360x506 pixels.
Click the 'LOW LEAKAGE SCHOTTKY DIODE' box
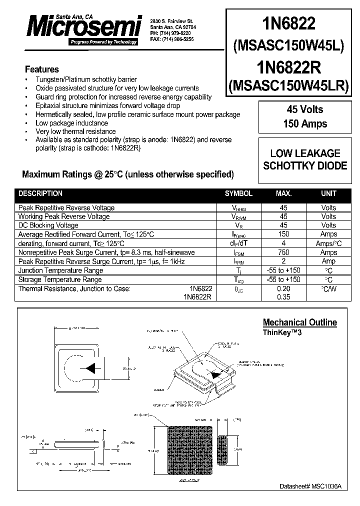[x=305, y=159]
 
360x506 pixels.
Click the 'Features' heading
[x=42, y=69]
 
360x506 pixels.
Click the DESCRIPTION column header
[x=40, y=193]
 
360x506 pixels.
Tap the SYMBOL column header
[x=238, y=193]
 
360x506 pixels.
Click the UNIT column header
[x=328, y=193]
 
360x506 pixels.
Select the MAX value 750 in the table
[x=283, y=252]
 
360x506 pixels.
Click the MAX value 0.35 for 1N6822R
[x=283, y=297]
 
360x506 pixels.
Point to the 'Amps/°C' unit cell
[x=328, y=243]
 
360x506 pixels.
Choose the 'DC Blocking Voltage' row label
[x=47, y=225]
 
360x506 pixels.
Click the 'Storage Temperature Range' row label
[x=60, y=279]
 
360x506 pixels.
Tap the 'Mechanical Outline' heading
[x=299, y=322]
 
